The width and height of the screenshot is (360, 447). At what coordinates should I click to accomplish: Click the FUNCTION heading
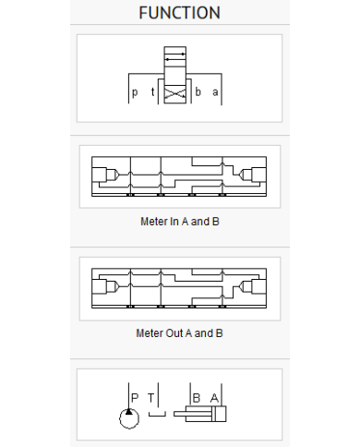pyautogui.click(x=179, y=13)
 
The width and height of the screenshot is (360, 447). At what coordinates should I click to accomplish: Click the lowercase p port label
pyautogui.click(x=135, y=92)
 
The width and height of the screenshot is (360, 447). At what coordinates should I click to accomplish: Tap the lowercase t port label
pyautogui.click(x=152, y=91)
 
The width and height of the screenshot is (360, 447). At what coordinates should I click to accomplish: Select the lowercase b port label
pyautogui.click(x=198, y=91)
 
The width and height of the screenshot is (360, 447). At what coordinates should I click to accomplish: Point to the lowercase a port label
pyautogui.click(x=215, y=92)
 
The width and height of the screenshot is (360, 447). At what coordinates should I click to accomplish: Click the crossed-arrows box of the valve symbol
pyautogui.click(x=175, y=94)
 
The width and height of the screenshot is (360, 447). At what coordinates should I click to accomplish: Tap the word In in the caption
pyautogui.click(x=174, y=222)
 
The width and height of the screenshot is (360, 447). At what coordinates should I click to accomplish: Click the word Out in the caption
pyautogui.click(x=174, y=333)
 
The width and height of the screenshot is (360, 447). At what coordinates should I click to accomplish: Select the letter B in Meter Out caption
pyautogui.click(x=219, y=333)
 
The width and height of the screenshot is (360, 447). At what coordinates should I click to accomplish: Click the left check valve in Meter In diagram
pyautogui.click(x=113, y=175)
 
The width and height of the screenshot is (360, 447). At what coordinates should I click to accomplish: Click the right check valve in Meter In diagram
pyautogui.click(x=246, y=175)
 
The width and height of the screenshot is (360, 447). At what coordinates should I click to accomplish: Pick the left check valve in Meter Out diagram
pyautogui.click(x=113, y=286)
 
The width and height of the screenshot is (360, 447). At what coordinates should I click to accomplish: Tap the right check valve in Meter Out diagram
pyautogui.click(x=246, y=286)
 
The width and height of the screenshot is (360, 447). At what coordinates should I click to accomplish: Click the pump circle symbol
pyautogui.click(x=129, y=418)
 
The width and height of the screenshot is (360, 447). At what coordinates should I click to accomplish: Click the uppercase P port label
pyautogui.click(x=135, y=397)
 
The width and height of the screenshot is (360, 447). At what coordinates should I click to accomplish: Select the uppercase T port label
pyautogui.click(x=150, y=398)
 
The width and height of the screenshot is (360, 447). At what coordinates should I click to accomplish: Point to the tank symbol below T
pyautogui.click(x=157, y=415)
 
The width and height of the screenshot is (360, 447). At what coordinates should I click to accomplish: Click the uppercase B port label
pyautogui.click(x=197, y=398)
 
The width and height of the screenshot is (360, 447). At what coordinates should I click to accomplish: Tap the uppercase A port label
pyautogui.click(x=214, y=398)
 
